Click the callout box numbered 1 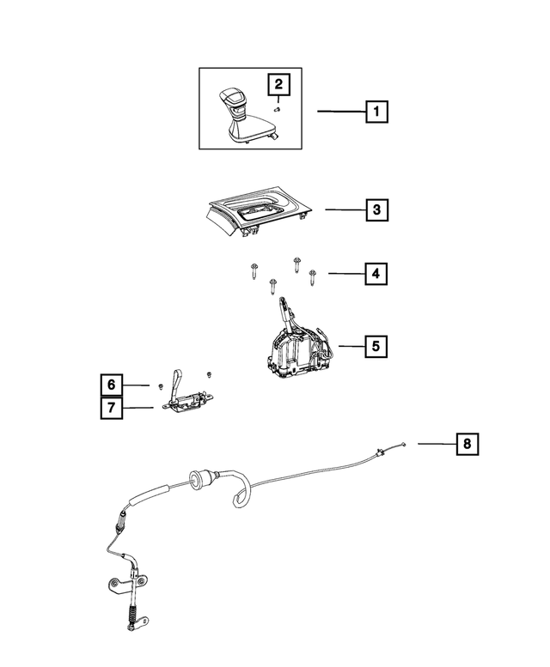376,112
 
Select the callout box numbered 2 278,85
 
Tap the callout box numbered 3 376,209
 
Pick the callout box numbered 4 376,274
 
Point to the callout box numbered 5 376,346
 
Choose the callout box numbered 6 111,385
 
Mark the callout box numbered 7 111,409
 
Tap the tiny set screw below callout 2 278,109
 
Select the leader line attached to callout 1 341,112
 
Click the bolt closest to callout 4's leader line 312,275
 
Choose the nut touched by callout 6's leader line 161,385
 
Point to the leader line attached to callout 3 344,209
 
